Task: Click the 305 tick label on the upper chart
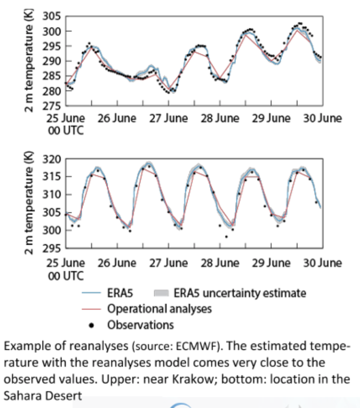tap(52, 17)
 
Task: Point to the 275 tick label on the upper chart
tap(52, 106)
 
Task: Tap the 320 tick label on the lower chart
tap(52, 159)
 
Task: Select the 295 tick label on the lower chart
tap(52, 248)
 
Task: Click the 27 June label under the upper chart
tap(168, 118)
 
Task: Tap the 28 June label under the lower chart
tap(220, 263)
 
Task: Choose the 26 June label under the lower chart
tap(117, 263)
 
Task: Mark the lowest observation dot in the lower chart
tap(226, 237)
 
